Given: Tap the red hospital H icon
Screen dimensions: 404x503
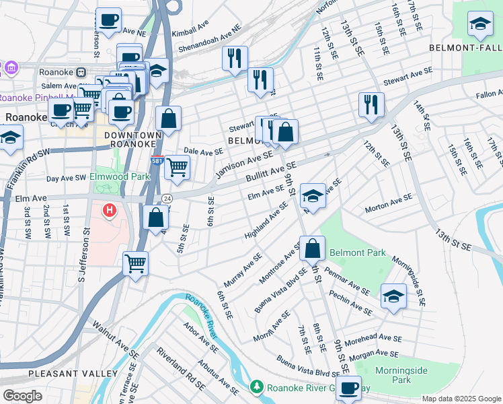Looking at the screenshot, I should point(109,211).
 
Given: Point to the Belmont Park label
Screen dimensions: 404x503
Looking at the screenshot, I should point(357,253).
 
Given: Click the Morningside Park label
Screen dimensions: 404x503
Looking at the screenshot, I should point(391,374).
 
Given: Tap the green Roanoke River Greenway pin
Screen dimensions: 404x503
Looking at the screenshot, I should point(256,387).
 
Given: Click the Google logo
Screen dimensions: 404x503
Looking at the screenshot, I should point(22,396).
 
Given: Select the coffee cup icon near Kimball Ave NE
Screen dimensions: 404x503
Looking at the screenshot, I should point(108,20).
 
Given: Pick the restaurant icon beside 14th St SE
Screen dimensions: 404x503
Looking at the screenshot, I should point(371,104).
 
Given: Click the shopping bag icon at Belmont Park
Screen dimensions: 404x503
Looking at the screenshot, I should point(313,248).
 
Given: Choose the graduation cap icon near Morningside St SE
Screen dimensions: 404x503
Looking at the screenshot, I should point(393,296).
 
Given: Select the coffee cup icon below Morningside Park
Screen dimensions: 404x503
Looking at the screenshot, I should point(348,388).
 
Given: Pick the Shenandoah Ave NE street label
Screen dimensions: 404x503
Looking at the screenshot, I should point(208,42).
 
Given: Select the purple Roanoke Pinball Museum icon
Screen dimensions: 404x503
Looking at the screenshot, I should point(10,68).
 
